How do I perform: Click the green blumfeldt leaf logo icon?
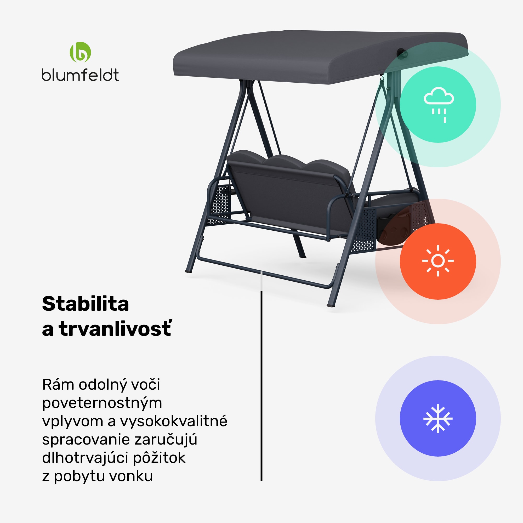tap(80, 52)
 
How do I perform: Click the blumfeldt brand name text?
tap(80, 75)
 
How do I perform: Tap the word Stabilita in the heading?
tap(86, 304)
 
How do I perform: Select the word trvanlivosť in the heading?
tap(115, 329)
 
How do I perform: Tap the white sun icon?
tap(438, 261)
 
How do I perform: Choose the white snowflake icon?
tap(438, 418)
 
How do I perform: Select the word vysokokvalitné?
tap(174, 421)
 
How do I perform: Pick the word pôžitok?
tap(159, 458)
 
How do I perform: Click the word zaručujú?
tap(166, 440)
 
